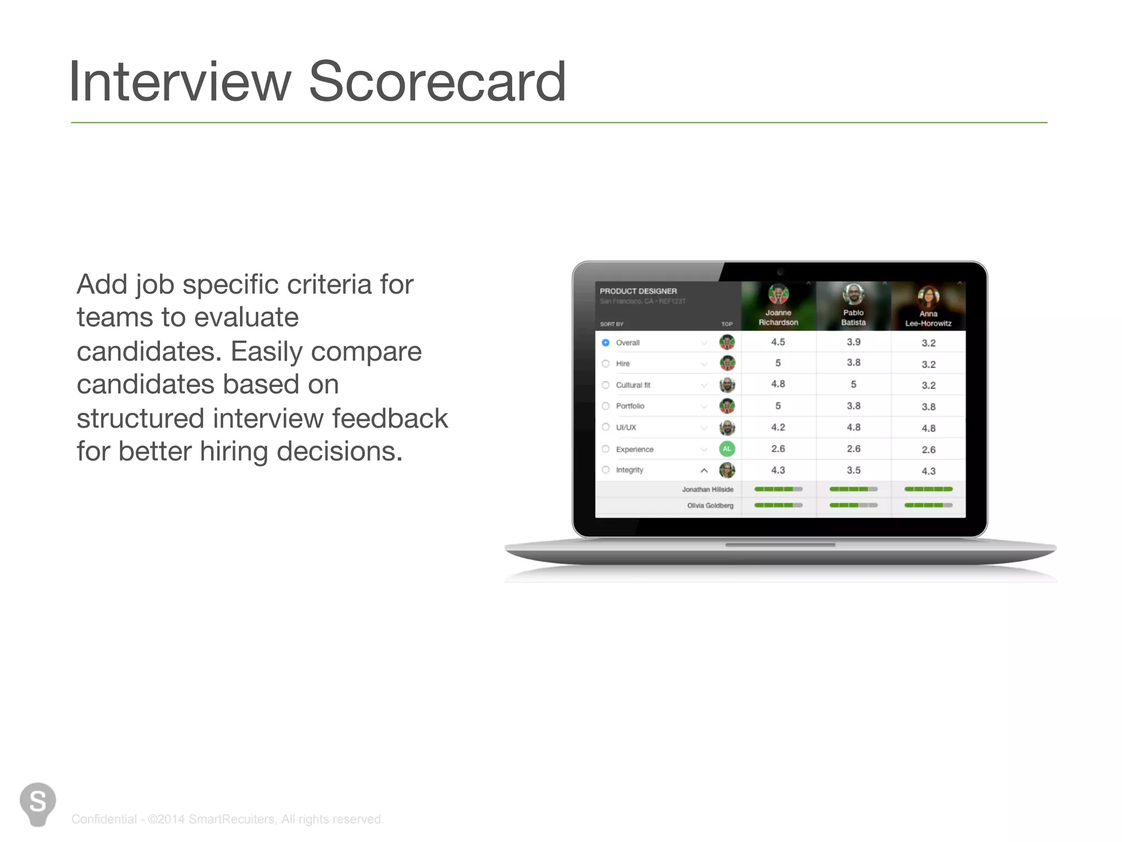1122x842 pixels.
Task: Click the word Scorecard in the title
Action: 437,82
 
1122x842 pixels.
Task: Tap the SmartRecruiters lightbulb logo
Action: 37,803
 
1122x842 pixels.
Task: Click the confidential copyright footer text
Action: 227,819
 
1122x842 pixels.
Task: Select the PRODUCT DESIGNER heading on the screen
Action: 638,291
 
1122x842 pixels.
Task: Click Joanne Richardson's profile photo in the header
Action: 778,294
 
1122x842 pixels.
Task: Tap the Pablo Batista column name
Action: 853,317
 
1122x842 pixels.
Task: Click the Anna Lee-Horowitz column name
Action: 928,318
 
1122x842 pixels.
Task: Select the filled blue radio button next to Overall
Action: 605,343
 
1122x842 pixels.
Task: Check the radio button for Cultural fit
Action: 605,385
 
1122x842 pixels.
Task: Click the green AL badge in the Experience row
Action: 726,449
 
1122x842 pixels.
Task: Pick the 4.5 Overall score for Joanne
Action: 778,342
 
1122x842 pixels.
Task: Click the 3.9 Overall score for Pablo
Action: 853,342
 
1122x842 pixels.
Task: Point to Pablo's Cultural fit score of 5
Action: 853,384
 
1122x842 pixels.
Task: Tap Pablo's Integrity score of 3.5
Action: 853,470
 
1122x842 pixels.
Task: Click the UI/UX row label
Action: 626,428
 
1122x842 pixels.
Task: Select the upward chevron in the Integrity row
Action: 704,470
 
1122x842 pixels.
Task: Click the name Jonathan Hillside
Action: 707,490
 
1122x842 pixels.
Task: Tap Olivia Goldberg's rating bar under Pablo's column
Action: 853,505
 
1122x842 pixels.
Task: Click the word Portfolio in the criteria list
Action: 630,406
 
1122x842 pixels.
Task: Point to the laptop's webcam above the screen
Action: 780,272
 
